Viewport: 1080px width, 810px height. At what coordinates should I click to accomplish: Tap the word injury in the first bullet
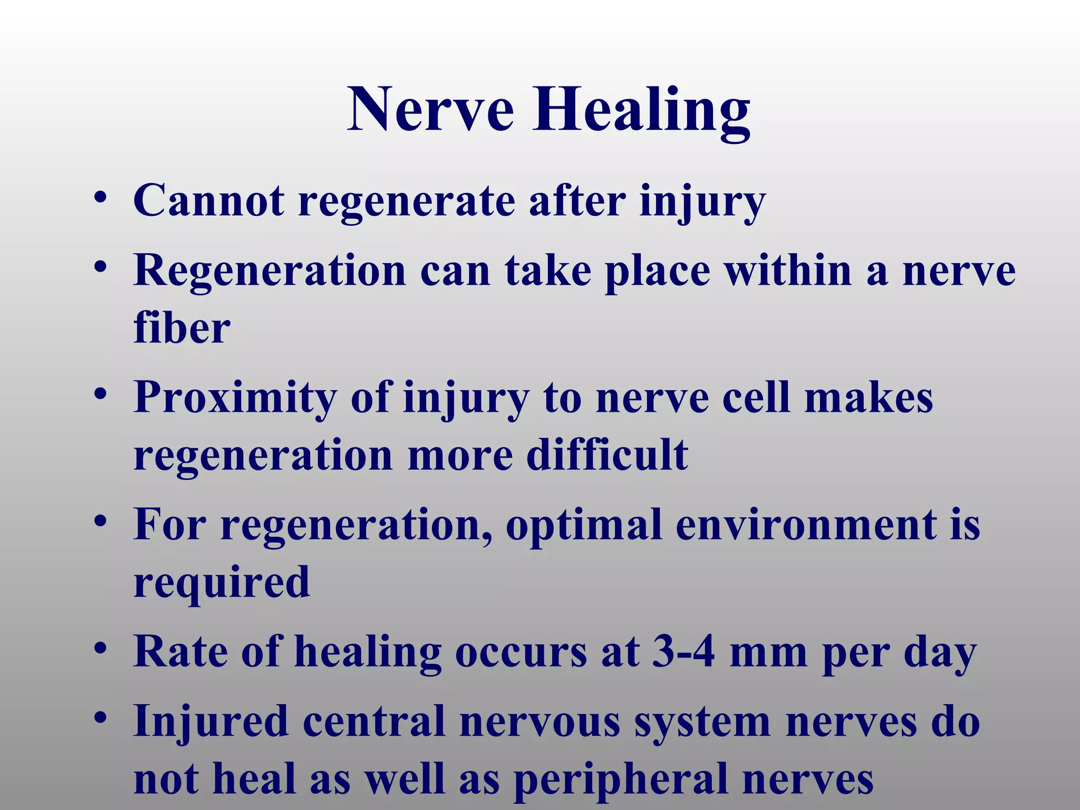pos(702,202)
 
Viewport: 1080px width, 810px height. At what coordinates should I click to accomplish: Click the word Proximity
pos(235,399)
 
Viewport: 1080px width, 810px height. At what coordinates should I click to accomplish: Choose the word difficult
pos(607,455)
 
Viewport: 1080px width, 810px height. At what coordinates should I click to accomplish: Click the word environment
pos(806,525)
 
